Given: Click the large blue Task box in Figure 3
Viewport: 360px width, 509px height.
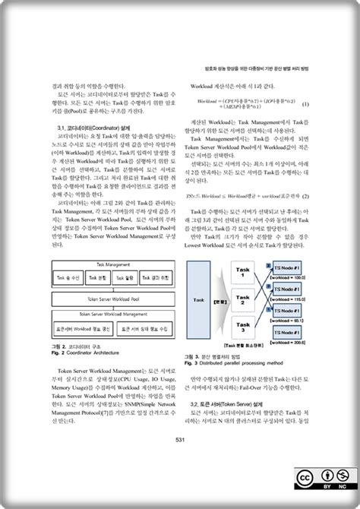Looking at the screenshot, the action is tap(200, 300).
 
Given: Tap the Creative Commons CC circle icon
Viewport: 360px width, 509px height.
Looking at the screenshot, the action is tap(304, 477).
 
